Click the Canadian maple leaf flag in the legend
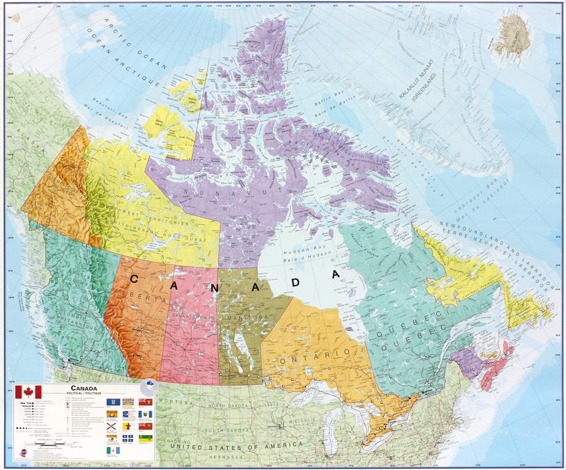pos(28,392)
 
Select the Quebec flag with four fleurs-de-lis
pos(128,438)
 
